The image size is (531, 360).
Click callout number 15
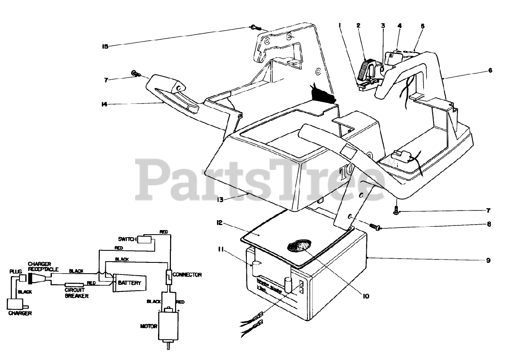click(105, 47)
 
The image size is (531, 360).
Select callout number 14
click(105, 104)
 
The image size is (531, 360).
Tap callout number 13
click(220, 200)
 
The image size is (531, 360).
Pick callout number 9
click(488, 260)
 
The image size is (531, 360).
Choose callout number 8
click(489, 224)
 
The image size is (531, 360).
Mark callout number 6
click(490, 70)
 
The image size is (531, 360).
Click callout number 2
click(358, 25)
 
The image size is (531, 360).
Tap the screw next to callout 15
click(255, 28)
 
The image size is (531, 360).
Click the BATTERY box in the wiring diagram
click(129, 284)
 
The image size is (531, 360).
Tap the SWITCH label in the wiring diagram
click(127, 240)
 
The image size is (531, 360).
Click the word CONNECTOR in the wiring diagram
click(187, 274)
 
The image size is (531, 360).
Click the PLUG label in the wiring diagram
click(15, 272)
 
